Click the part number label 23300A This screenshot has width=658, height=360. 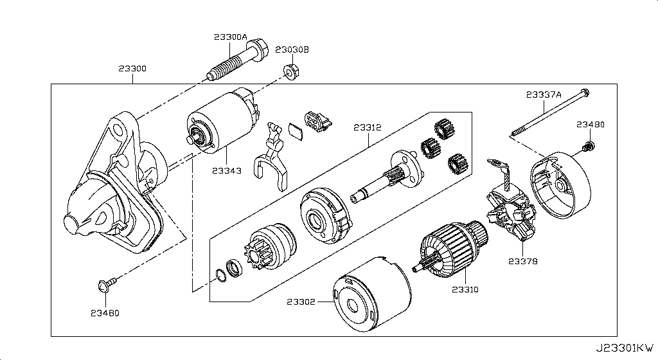(229, 37)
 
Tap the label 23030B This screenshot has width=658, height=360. (292, 50)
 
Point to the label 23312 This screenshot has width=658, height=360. (367, 127)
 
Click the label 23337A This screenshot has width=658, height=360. (544, 94)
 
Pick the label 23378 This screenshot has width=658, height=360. (523, 262)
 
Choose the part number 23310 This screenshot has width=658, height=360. (465, 290)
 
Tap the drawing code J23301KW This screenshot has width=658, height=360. (627, 348)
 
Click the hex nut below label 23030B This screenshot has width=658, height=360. (290, 71)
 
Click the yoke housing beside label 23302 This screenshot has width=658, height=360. (369, 296)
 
